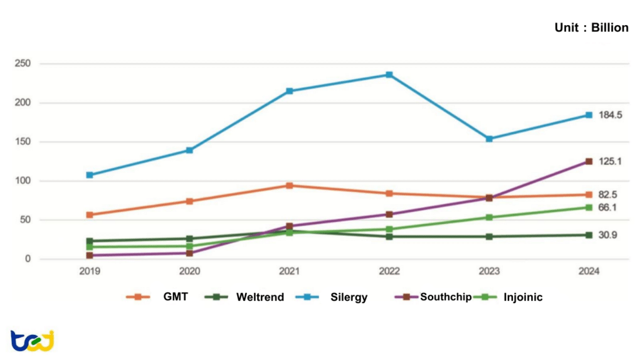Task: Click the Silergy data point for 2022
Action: pyautogui.click(x=389, y=75)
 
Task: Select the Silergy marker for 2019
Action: pyautogui.click(x=90, y=175)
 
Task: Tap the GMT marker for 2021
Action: pyautogui.click(x=289, y=186)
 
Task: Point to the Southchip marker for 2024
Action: pyautogui.click(x=589, y=161)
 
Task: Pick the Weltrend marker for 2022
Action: pyautogui.click(x=389, y=236)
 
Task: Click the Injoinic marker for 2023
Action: pyautogui.click(x=489, y=218)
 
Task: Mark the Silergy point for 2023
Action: pyautogui.click(x=489, y=139)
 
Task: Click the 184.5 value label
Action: pyautogui.click(x=611, y=115)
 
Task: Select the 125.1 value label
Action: pyautogui.click(x=611, y=161)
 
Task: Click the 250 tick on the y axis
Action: pyautogui.click(x=23, y=63)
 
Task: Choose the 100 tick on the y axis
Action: pyautogui.click(x=23, y=181)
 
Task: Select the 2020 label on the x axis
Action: pyautogui.click(x=189, y=272)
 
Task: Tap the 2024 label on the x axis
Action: pyautogui.click(x=589, y=272)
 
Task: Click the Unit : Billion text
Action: pyautogui.click(x=591, y=28)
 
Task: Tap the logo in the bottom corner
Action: pyautogui.click(x=32, y=340)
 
